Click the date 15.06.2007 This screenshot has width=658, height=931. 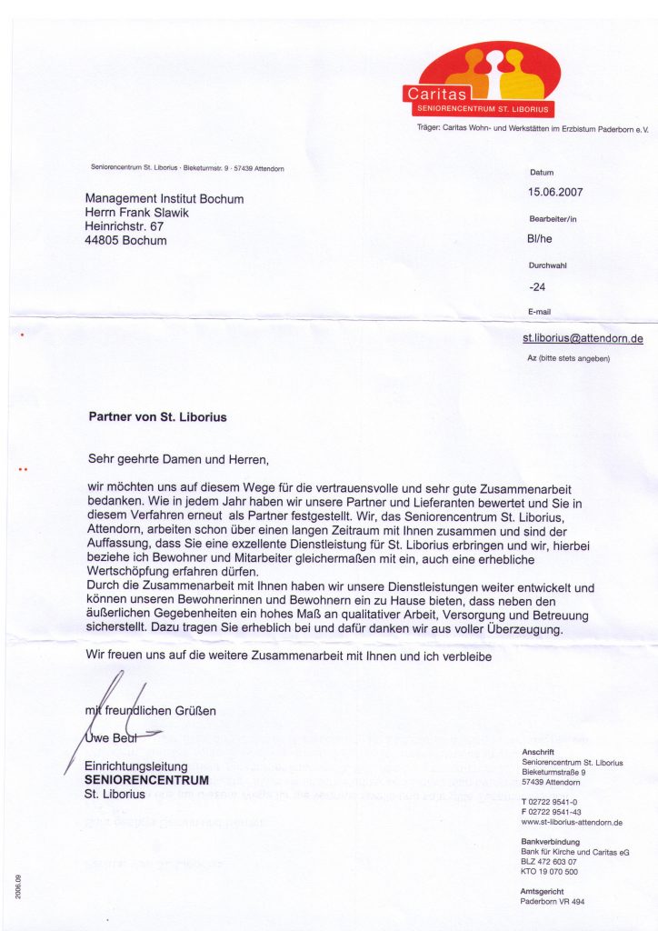pos(555,192)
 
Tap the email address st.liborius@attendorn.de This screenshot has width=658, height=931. pos(583,338)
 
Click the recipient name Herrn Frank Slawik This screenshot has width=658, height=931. pos(136,213)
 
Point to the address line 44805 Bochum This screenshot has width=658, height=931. pos(125,241)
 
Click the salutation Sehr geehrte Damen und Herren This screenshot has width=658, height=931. pos(179,459)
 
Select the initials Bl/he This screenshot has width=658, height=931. pos(540,240)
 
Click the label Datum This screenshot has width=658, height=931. pos(541,173)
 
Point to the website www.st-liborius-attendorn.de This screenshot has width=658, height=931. pos(572,823)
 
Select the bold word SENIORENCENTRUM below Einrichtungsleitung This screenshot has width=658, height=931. pos(146,780)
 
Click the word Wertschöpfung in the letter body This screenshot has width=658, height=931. pos(130,573)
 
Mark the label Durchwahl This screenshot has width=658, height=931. pos(547,265)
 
